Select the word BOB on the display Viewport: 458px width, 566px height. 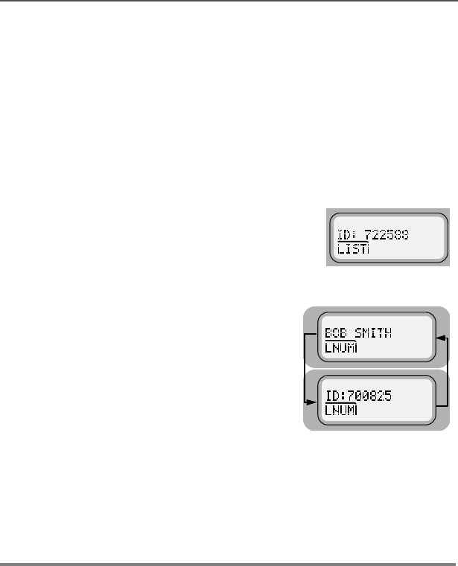336,334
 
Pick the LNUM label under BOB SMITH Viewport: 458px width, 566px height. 342,349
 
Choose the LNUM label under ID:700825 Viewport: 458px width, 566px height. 342,411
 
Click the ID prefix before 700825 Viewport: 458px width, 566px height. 334,396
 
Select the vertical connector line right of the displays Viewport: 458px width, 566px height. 448,370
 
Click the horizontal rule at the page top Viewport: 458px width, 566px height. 229,1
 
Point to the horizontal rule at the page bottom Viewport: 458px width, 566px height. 229,564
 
